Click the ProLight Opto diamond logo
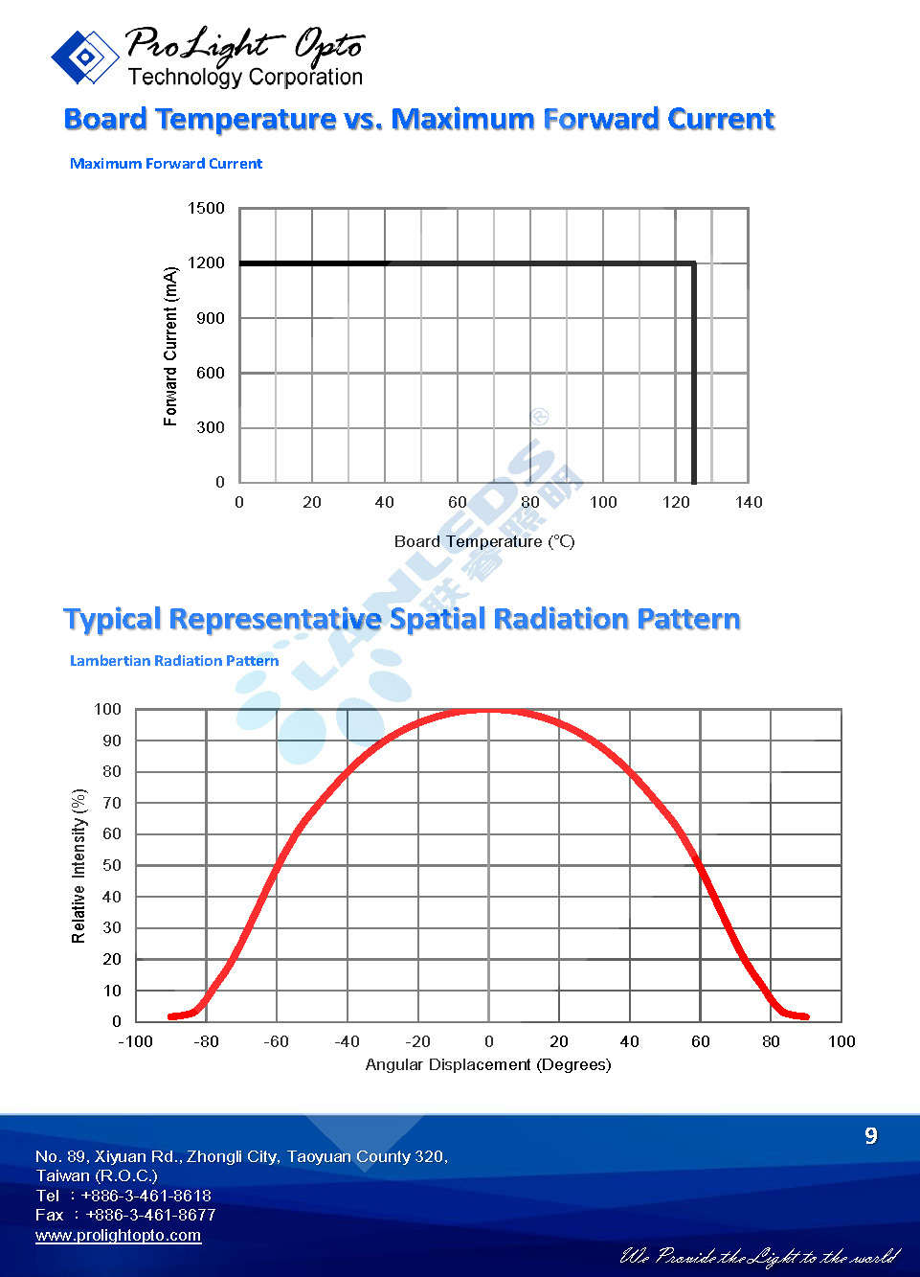pyautogui.click(x=84, y=57)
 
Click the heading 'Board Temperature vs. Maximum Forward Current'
pyautogui.click(x=418, y=119)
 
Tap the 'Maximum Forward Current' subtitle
pyautogui.click(x=166, y=164)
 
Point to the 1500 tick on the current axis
pyautogui.click(x=206, y=209)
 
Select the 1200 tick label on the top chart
pyautogui.click(x=206, y=263)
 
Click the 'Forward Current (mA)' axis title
pyautogui.click(x=171, y=346)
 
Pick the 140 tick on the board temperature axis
pyautogui.click(x=749, y=502)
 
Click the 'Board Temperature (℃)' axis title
pyautogui.click(x=484, y=541)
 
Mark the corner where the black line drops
pyautogui.click(x=693, y=263)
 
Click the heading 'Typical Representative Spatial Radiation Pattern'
pyautogui.click(x=401, y=619)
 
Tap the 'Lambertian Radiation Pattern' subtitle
pyautogui.click(x=174, y=661)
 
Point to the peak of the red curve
pyautogui.click(x=488, y=711)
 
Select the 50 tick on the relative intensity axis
pyautogui.click(x=112, y=866)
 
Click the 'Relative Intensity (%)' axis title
pyautogui.click(x=79, y=866)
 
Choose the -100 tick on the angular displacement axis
pyautogui.click(x=135, y=1042)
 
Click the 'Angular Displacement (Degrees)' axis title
pyautogui.click(x=488, y=1065)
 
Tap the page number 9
pyautogui.click(x=870, y=1136)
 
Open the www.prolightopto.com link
pyautogui.click(x=119, y=1236)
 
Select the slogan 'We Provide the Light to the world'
pyautogui.click(x=760, y=1256)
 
